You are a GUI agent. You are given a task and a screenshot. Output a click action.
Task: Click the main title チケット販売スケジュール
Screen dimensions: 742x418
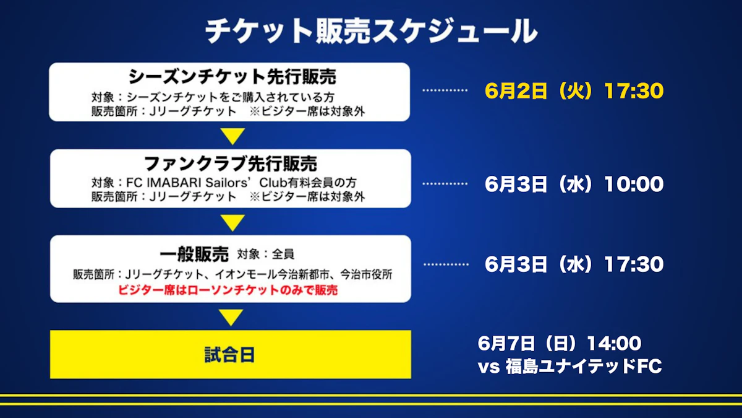coord(372,31)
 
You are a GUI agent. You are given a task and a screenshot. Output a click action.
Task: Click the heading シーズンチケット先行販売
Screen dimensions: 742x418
coord(232,77)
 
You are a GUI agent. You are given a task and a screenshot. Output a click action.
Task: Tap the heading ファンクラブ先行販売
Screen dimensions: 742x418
coord(231,163)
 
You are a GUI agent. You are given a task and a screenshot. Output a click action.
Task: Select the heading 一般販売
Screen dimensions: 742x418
coord(194,255)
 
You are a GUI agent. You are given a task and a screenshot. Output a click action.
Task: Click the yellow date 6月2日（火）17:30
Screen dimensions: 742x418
coord(574,90)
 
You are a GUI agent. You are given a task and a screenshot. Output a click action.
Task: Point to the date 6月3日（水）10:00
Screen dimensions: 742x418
coord(574,184)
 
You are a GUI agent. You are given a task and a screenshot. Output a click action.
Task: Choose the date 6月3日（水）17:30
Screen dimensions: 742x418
coord(574,264)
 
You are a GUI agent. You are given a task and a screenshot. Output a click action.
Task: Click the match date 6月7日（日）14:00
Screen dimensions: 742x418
coord(560,343)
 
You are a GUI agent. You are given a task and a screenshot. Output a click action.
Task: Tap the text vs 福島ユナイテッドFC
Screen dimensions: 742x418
coord(569,366)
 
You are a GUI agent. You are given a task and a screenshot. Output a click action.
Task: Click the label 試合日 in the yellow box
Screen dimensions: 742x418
coord(229,355)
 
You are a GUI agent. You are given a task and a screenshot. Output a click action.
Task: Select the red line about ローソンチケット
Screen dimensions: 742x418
coord(228,290)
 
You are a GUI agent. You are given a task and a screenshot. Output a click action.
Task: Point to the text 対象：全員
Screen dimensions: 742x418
coord(266,255)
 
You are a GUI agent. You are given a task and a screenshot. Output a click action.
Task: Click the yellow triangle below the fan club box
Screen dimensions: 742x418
coord(232,223)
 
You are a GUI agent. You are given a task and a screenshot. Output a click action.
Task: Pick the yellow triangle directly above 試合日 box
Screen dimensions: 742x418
coord(231,318)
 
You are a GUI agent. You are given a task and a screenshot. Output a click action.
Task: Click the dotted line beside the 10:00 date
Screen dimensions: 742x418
coord(445,183)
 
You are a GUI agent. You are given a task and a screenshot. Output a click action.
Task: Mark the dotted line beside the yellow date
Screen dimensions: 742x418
coord(445,90)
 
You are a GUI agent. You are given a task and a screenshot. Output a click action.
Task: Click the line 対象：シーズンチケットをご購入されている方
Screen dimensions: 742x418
coord(213,97)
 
